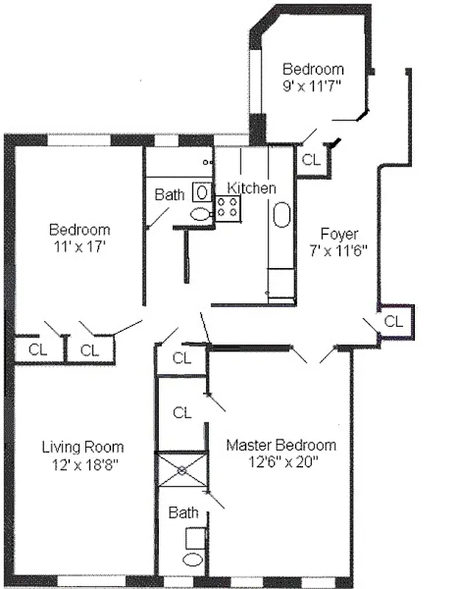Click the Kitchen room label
pyautogui.click(x=252, y=188)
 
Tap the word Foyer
pyautogui.click(x=339, y=235)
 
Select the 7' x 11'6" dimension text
pyautogui.click(x=339, y=250)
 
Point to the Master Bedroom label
pyautogui.click(x=281, y=445)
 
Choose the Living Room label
pyautogui.click(x=82, y=448)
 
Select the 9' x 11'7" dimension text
pyautogui.click(x=313, y=85)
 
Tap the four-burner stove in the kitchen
pyautogui.click(x=228, y=208)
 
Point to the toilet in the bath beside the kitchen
pyautogui.click(x=200, y=214)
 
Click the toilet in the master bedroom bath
pyautogui.click(x=193, y=560)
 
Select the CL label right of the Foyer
pyautogui.click(x=394, y=322)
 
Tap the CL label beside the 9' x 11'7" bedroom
pyautogui.click(x=311, y=160)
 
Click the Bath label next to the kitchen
pyautogui.click(x=170, y=195)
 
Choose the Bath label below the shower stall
pyautogui.click(x=183, y=512)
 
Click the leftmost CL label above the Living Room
pyautogui.click(x=38, y=350)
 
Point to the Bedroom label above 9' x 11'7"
pyautogui.click(x=313, y=70)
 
